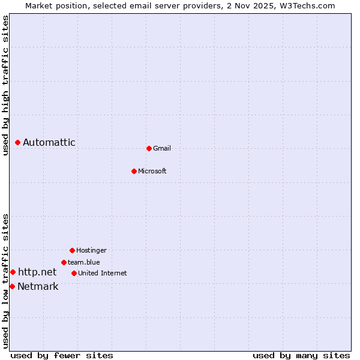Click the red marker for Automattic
(x=18, y=142)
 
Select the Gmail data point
(x=149, y=148)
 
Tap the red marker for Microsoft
(x=134, y=171)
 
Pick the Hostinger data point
(x=72, y=250)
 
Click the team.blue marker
(x=64, y=262)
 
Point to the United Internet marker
(x=74, y=273)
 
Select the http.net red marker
(x=13, y=272)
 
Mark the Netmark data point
(x=12, y=286)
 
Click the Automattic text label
(x=49, y=142)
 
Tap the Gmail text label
(x=162, y=148)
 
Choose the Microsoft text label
(x=152, y=171)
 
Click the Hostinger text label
(x=91, y=250)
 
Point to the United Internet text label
(x=103, y=273)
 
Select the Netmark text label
(x=38, y=286)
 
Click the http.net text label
(x=37, y=272)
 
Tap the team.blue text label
(x=84, y=262)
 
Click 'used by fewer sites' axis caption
(x=62, y=356)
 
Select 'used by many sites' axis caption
(x=301, y=356)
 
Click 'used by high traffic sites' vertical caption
(x=6, y=85)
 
